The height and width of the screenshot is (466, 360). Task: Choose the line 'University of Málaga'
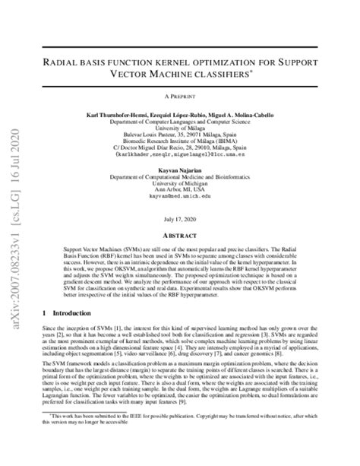coord(194,128)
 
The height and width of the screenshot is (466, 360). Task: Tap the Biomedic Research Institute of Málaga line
coord(194,141)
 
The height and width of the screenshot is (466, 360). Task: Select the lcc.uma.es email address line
coord(194,156)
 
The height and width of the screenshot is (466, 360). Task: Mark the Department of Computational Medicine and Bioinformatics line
coord(194,178)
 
